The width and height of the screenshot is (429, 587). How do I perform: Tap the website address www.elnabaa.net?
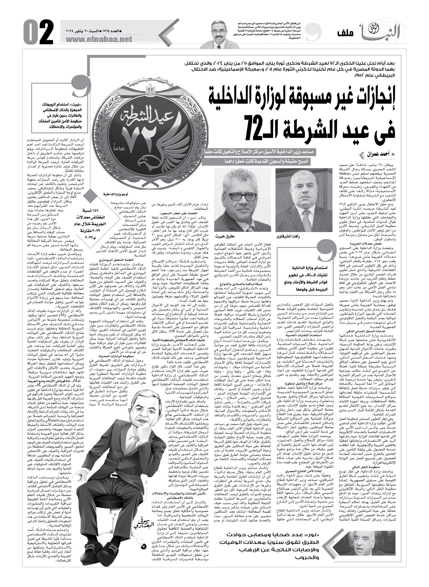(x=99, y=39)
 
